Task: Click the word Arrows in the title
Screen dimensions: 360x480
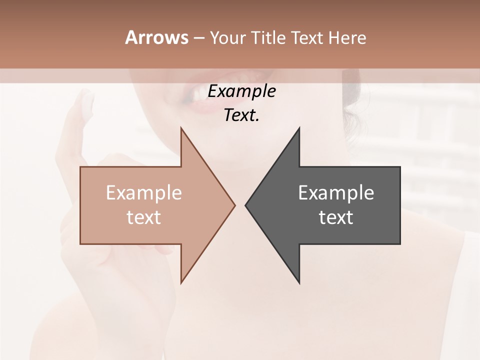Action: [156, 37]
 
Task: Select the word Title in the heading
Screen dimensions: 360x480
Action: [268, 37]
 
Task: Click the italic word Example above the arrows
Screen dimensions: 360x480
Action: [241, 91]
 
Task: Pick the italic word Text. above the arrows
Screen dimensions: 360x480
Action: [241, 115]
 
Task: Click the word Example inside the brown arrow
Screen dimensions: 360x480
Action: [143, 193]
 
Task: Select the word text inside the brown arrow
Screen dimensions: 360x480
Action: [143, 217]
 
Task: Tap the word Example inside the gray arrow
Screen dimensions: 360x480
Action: [336, 193]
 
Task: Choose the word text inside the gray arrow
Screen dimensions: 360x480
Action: [336, 217]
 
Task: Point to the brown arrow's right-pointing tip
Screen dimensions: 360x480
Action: [234, 205]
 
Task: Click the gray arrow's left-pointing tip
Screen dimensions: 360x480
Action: [246, 205]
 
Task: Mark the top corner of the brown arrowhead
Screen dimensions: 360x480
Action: [181, 128]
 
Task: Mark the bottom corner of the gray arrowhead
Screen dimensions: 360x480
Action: [299, 283]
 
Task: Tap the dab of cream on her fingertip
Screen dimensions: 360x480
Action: [87, 102]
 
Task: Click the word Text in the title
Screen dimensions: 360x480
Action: [307, 37]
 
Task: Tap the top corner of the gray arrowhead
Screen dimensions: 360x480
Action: [299, 128]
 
